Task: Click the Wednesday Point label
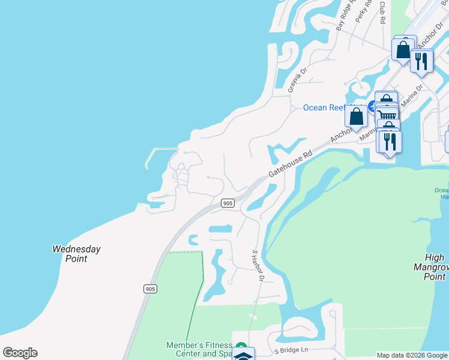tap(76, 254)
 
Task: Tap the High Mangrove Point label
tap(431, 267)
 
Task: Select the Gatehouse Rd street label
tap(291, 163)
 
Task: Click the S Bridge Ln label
tap(291, 350)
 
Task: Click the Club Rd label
tap(382, 12)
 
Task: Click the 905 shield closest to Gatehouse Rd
tap(227, 203)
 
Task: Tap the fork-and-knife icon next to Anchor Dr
tap(422, 61)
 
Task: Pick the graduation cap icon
tap(243, 355)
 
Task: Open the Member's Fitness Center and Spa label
tap(199, 349)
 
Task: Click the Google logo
tap(20, 353)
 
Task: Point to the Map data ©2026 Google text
tap(412, 355)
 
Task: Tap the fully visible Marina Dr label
tap(412, 95)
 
